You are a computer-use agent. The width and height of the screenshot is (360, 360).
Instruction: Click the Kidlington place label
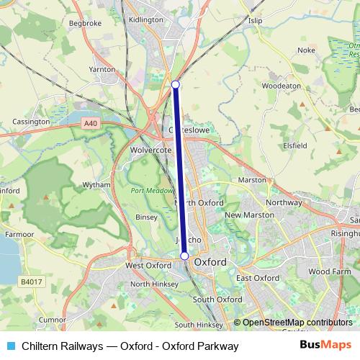145,21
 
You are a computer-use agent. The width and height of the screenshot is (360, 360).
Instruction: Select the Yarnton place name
102,70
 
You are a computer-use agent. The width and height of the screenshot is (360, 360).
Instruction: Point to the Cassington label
31,122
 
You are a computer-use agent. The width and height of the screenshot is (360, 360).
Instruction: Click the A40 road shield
90,124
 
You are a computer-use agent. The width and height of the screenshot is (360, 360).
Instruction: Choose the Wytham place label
96,185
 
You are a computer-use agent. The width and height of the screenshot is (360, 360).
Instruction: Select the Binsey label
145,216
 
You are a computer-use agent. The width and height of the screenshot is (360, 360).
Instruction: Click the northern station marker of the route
176,85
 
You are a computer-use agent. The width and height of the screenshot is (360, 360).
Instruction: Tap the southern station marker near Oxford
184,256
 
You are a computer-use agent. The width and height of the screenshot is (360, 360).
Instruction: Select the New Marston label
249,215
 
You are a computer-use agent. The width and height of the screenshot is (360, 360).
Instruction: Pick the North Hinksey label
150,284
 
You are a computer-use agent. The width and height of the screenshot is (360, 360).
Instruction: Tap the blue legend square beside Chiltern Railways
10,346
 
